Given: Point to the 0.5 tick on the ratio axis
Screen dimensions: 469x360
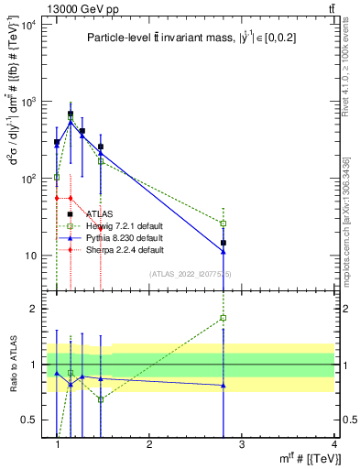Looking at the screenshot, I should tap(35, 420).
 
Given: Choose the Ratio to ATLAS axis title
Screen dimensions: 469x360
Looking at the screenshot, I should tap(13, 365).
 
